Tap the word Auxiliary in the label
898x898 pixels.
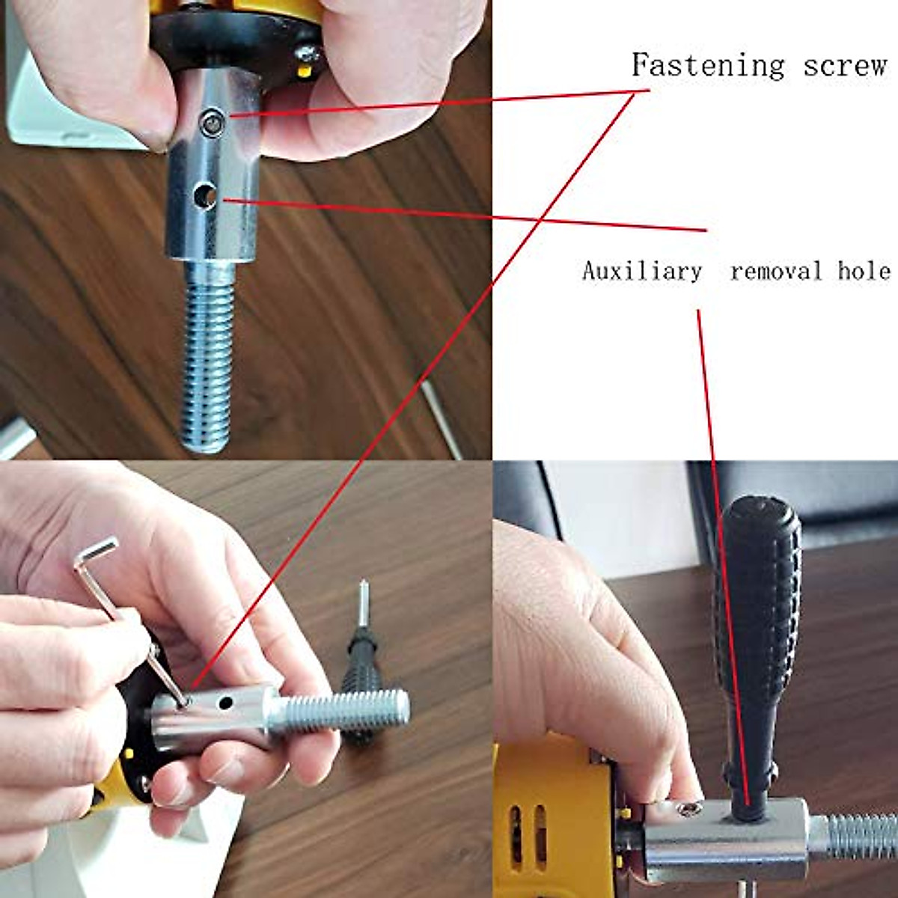point(642,271)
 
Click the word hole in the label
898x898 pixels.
point(864,271)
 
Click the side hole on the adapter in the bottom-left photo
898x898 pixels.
point(223,703)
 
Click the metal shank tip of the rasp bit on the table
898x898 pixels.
point(363,602)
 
